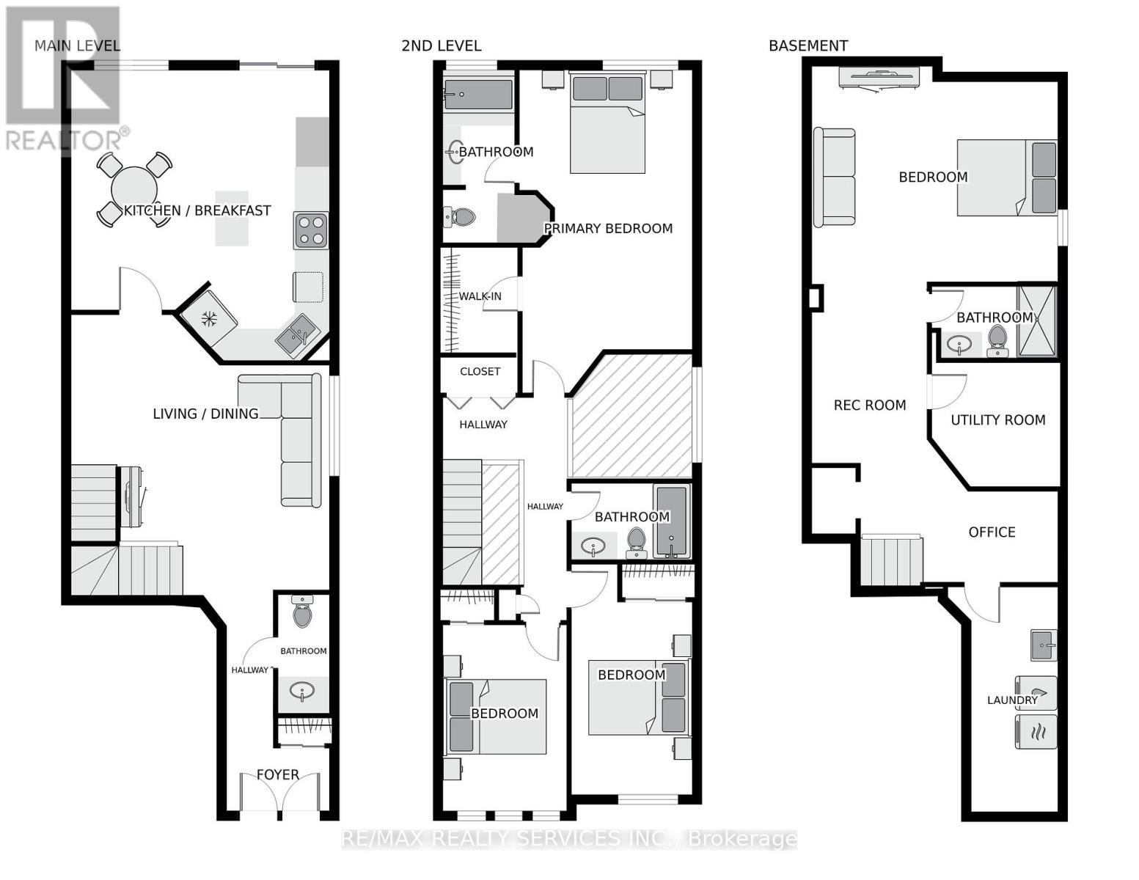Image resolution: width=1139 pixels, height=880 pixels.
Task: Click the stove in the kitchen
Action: point(311,230)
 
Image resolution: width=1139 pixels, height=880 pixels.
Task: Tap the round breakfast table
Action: point(134,189)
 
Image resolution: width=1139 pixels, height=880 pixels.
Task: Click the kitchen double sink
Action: point(296,336)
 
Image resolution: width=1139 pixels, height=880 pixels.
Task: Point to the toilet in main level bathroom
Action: point(302,612)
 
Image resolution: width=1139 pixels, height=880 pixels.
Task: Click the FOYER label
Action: point(277,774)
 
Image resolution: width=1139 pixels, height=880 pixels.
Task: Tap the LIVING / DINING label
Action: point(205,414)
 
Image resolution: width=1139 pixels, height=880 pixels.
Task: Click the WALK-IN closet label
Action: point(480,296)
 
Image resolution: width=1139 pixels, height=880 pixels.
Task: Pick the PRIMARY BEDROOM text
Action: point(608,228)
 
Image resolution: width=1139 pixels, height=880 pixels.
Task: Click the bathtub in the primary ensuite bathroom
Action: point(478,95)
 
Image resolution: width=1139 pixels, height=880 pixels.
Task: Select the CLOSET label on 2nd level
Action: point(480,371)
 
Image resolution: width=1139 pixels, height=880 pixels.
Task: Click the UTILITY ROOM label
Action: point(997,419)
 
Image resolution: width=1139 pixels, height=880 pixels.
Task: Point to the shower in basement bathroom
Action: point(1036,321)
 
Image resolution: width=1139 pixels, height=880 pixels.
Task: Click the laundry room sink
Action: point(1043,645)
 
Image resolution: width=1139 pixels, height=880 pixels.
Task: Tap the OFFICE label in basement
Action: point(992,532)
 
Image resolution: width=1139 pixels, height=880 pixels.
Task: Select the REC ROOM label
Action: point(869,405)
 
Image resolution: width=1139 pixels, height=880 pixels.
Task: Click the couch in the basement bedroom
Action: point(835,177)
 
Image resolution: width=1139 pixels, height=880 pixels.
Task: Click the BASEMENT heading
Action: point(807,45)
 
